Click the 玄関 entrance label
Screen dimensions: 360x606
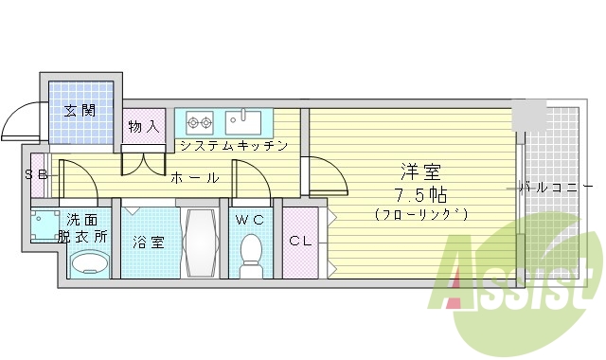pyautogui.click(x=80, y=110)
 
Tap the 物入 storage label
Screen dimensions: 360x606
pyautogui.click(x=143, y=124)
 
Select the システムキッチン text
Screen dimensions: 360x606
pyautogui.click(x=233, y=147)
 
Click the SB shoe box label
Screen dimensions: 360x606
pyautogui.click(x=37, y=174)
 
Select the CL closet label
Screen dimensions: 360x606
pyautogui.click(x=302, y=241)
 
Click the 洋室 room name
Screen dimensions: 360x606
pyautogui.click(x=421, y=172)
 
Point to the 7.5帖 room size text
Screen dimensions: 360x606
pyautogui.click(x=421, y=195)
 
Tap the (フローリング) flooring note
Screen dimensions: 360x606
pyautogui.click(x=421, y=215)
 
